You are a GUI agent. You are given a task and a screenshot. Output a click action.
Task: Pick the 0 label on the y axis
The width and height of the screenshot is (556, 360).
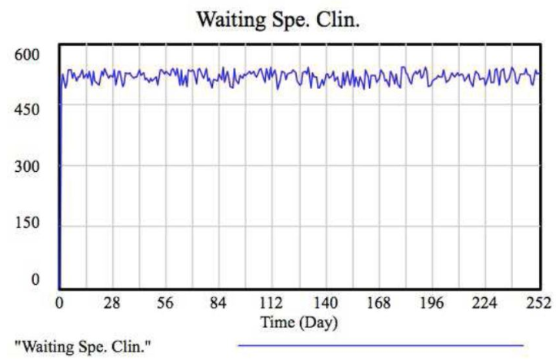click(35, 281)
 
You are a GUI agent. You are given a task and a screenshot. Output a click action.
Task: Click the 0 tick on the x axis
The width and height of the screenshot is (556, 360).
click(59, 302)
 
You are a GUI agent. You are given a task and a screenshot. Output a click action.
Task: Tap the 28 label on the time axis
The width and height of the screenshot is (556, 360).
click(112, 302)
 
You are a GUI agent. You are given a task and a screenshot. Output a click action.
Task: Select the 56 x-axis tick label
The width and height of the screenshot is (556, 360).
click(165, 302)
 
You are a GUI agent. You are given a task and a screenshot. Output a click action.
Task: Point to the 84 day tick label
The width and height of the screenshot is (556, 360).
click(218, 302)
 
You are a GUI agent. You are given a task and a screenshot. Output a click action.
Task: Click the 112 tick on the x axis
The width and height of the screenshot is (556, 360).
click(271, 302)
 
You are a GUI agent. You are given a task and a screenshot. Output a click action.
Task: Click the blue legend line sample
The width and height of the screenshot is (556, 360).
click(381, 345)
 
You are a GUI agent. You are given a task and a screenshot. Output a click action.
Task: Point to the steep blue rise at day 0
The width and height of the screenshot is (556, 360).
click(60, 192)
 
